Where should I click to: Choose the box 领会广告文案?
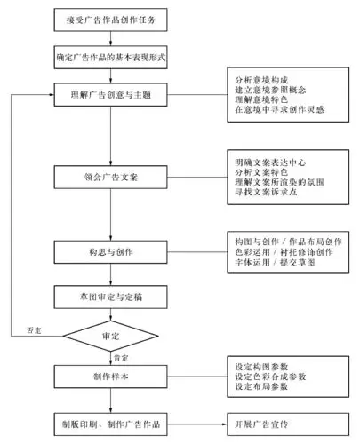point(109,177)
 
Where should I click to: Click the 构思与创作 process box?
point(109,252)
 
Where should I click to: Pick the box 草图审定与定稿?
point(109,296)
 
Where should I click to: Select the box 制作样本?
point(109,376)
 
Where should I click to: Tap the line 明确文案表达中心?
point(267,163)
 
